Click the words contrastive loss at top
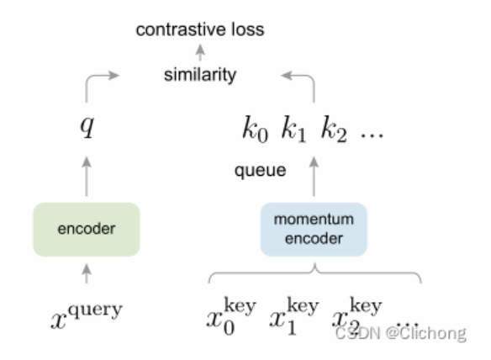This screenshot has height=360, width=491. click(201, 30)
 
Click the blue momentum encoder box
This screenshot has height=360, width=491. click(314, 226)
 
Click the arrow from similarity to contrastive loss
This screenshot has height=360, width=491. click(200, 53)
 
